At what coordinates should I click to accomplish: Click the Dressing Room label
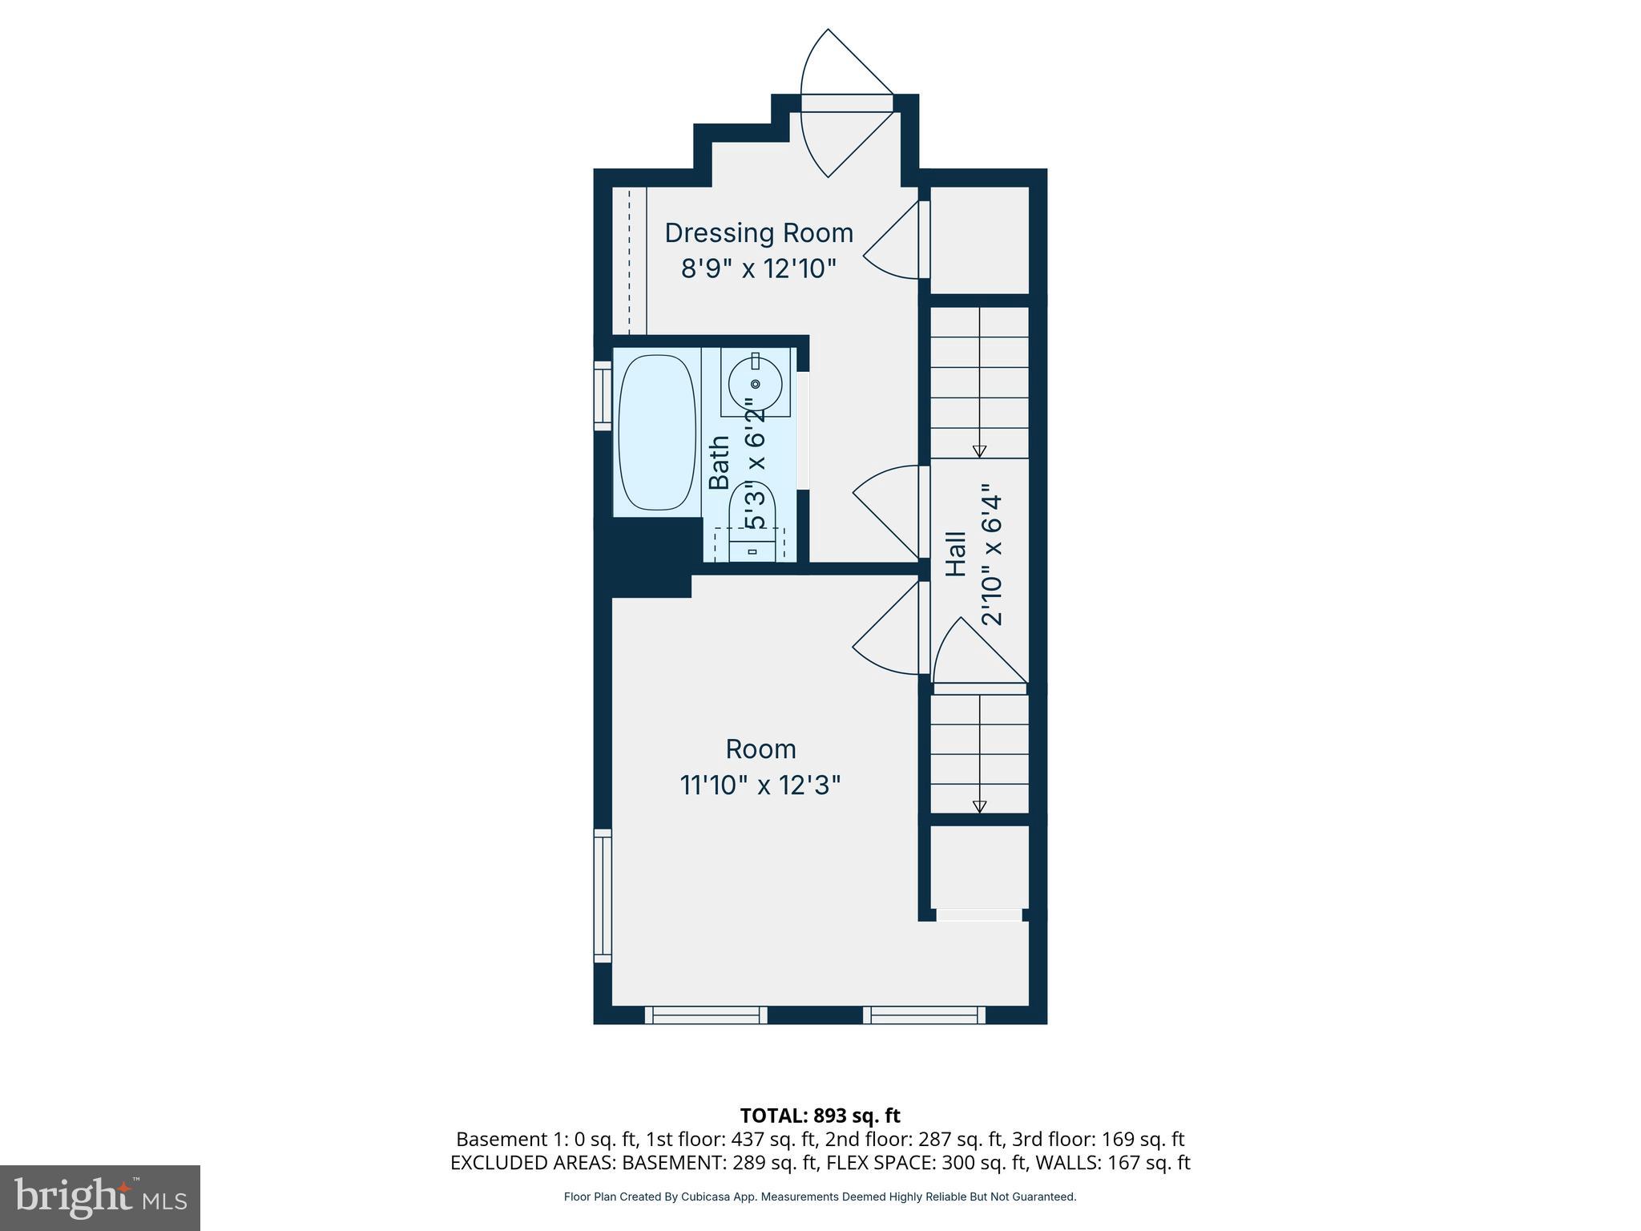[758, 233]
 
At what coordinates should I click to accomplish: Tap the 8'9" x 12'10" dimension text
[758, 268]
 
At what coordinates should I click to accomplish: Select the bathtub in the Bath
[657, 433]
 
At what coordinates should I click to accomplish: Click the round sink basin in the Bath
[755, 384]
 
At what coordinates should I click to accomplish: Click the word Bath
[720, 462]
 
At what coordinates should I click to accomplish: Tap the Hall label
[956, 554]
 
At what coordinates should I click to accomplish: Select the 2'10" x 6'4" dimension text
[991, 554]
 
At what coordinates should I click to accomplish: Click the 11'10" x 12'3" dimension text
[760, 785]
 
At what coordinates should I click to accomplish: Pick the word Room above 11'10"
[760, 749]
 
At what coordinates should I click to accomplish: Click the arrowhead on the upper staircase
[979, 451]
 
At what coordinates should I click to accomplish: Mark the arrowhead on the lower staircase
[979, 806]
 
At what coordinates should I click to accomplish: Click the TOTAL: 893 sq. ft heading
[820, 1116]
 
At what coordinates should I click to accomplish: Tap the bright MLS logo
[100, 1197]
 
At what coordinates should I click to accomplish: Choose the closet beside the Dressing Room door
[978, 240]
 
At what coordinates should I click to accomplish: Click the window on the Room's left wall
[602, 896]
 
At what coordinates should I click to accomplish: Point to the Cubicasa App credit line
[820, 1197]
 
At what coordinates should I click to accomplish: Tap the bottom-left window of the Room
[706, 1015]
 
